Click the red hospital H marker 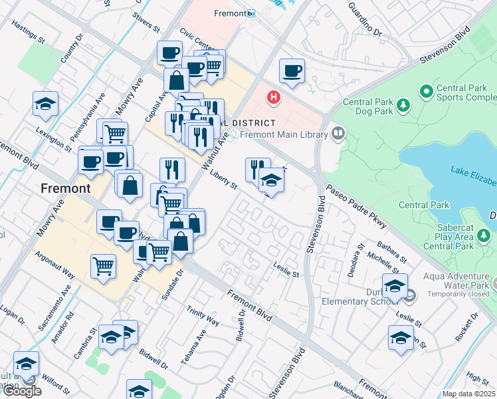tap(272, 98)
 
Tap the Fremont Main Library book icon tap(338, 134)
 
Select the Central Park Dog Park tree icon tap(402, 104)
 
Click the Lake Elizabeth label tap(473, 176)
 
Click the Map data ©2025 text tap(468, 394)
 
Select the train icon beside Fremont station tap(250, 13)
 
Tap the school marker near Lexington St tap(46, 104)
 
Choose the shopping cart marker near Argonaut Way tap(104, 267)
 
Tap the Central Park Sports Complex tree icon tap(426, 89)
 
